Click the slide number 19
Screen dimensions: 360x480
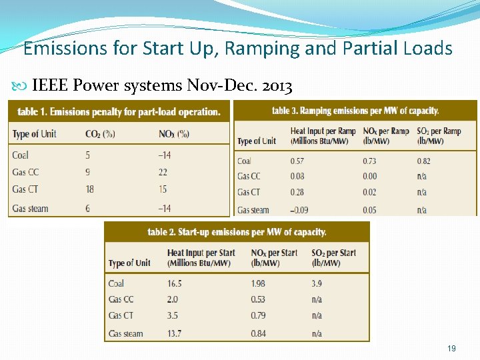pos(451,349)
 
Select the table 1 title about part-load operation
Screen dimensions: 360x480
pos(119,111)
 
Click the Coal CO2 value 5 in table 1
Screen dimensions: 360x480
pos(88,155)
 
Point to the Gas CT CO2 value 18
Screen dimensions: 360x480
pos(90,189)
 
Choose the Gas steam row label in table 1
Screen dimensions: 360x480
pos(30,208)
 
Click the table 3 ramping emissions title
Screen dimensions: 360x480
pos(355,111)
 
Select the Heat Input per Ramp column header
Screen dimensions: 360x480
pos(323,135)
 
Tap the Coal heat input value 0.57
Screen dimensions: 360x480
pos(297,161)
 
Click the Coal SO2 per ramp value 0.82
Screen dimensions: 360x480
pos(424,161)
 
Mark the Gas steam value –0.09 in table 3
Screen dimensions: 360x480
pos(297,210)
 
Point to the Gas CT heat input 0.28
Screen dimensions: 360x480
pos(297,193)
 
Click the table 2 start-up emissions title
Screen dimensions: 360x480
pos(237,232)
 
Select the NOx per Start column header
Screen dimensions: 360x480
pos(274,257)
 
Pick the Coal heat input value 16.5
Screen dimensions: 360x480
pos(174,283)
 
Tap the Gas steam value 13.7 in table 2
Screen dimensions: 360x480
pos(174,333)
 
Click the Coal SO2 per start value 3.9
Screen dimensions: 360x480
pos(317,283)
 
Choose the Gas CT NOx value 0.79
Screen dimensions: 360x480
pos(258,315)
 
